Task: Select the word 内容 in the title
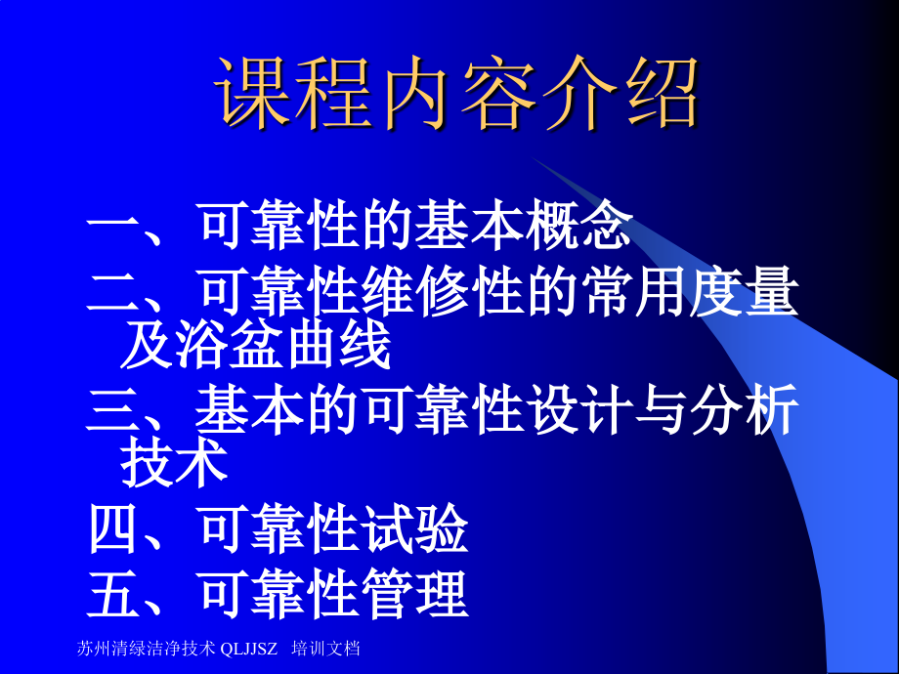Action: point(457,94)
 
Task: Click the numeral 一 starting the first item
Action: point(116,228)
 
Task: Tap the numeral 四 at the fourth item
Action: point(116,531)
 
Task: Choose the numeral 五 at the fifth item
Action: point(116,595)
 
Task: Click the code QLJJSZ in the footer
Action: point(249,649)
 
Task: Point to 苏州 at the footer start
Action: point(91,649)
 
